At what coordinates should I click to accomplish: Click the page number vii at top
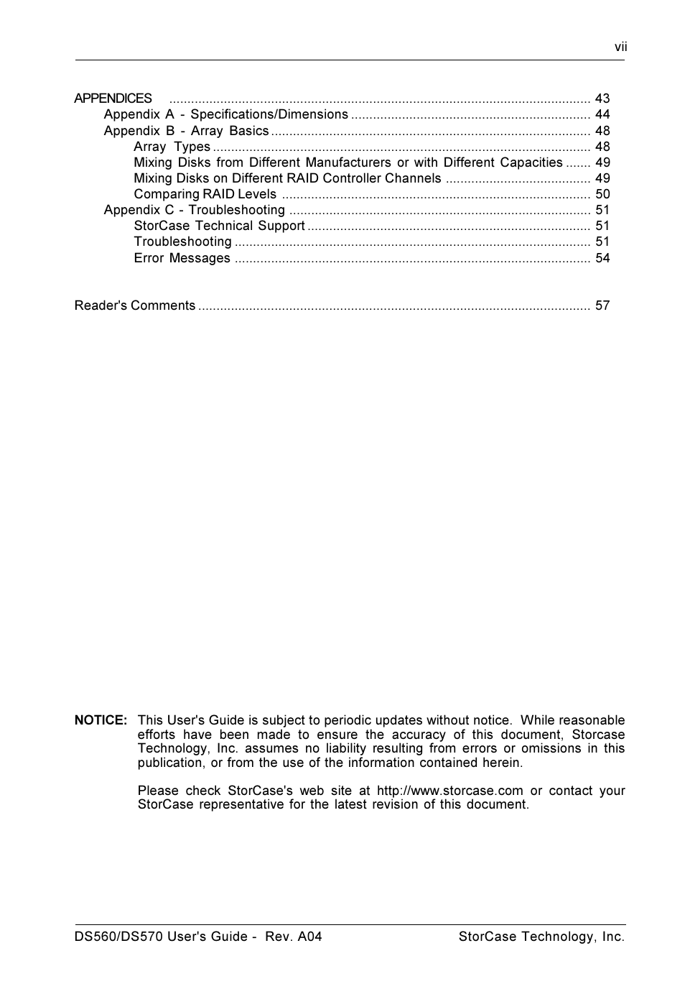click(x=620, y=47)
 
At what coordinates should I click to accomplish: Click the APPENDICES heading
click(x=113, y=98)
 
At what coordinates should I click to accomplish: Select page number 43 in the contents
click(x=602, y=98)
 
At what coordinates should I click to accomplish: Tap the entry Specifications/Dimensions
click(x=269, y=114)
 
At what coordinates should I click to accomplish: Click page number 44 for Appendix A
click(x=602, y=114)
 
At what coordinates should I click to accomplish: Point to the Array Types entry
click(x=172, y=147)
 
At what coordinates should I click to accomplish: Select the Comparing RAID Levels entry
click(x=205, y=194)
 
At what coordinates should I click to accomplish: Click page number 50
click(x=602, y=194)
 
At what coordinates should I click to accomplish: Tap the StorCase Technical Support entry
click(x=219, y=226)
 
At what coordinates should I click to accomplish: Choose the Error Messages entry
click(x=182, y=258)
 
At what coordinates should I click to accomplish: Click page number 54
click(x=602, y=258)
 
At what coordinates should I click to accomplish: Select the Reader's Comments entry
click(x=135, y=305)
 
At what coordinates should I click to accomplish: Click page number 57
click(x=602, y=305)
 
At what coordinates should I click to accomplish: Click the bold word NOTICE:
click(x=101, y=720)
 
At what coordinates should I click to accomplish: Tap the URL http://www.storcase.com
click(x=449, y=791)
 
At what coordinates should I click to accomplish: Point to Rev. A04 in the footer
click(x=293, y=937)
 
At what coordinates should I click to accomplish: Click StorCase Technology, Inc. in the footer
click(x=541, y=937)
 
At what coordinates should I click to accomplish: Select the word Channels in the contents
click(x=413, y=178)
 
